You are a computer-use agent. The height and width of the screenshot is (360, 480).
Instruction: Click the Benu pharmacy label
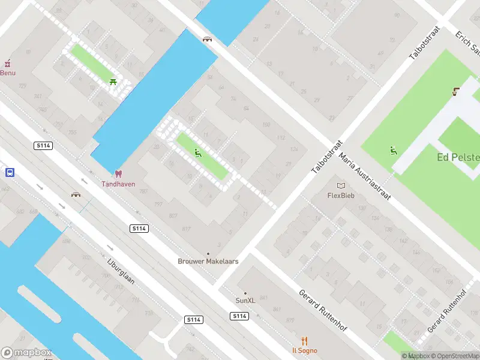click(x=8, y=73)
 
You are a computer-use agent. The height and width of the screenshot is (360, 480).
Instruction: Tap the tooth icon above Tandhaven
click(x=118, y=174)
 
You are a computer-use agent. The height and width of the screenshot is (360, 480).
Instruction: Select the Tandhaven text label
click(x=118, y=184)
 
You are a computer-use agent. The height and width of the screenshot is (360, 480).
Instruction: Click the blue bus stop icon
click(x=10, y=172)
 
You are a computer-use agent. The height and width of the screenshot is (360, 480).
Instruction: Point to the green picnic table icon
click(x=113, y=82)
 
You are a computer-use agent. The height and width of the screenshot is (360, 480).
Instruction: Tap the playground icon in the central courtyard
click(x=198, y=153)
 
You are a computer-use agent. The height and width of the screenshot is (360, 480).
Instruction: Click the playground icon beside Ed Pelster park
click(x=394, y=151)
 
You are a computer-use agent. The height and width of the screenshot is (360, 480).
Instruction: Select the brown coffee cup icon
click(x=456, y=92)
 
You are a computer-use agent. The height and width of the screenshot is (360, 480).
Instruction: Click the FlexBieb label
click(x=341, y=196)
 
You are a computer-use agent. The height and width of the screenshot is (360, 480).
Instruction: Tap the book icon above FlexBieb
click(x=341, y=186)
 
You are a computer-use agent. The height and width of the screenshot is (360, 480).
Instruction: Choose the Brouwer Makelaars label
click(x=208, y=261)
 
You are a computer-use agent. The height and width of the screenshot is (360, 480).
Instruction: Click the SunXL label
click(x=245, y=301)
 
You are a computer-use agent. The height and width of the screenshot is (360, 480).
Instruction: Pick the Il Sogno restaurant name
click(x=305, y=350)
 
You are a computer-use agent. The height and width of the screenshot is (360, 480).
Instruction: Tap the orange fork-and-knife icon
click(x=305, y=341)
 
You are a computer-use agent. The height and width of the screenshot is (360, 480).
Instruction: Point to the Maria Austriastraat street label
click(x=365, y=177)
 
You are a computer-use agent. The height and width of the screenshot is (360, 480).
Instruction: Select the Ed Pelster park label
click(x=458, y=158)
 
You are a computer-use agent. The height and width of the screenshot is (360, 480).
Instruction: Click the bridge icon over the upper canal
click(x=208, y=39)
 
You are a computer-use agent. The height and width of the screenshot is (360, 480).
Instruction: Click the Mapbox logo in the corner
click(x=26, y=353)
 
